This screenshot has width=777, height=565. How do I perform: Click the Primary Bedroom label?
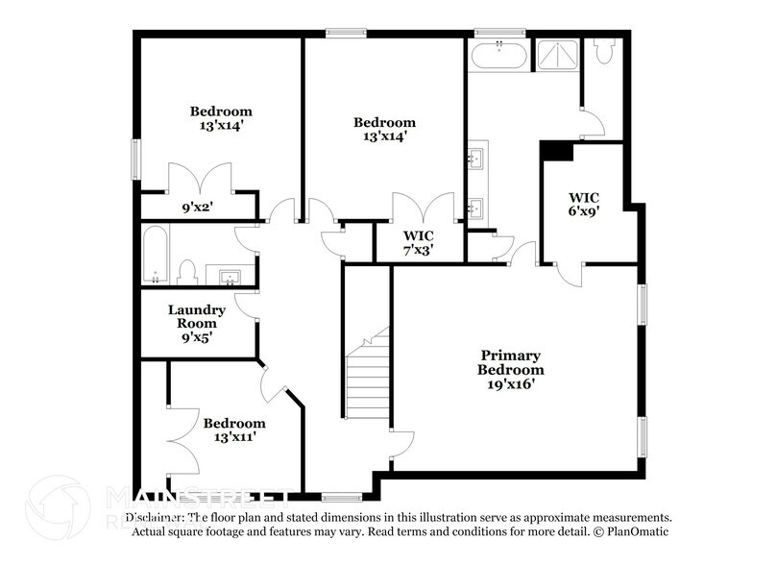[x=511, y=369]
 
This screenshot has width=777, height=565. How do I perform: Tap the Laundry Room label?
[x=197, y=323]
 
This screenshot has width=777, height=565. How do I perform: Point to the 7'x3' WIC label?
[x=418, y=242]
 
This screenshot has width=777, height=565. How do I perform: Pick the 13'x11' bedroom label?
[x=233, y=430]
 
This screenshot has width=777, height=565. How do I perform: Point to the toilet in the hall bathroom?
[x=188, y=272]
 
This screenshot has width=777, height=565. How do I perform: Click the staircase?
[x=368, y=380]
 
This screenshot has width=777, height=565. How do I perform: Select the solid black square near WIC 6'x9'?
[x=556, y=150]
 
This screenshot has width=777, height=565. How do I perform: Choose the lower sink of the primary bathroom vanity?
[x=475, y=206]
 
